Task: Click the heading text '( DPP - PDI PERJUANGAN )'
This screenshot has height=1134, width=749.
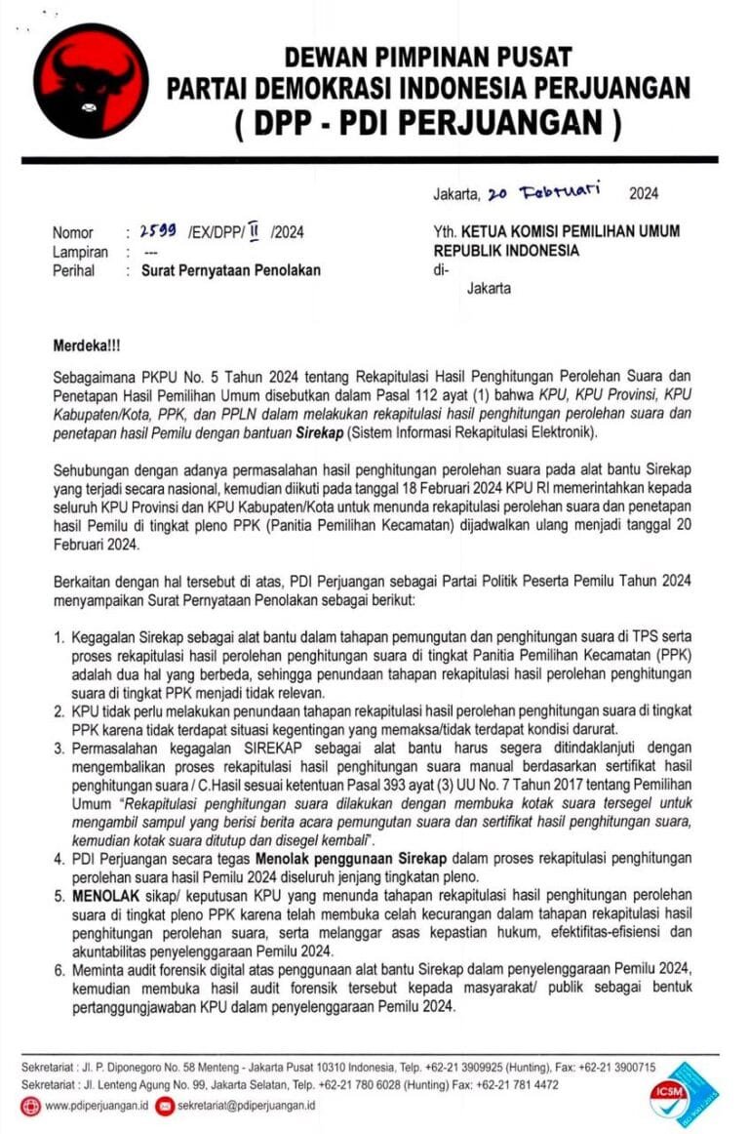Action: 428,123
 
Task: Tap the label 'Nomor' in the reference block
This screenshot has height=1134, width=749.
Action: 73,232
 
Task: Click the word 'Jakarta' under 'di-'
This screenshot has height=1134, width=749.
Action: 489,289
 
